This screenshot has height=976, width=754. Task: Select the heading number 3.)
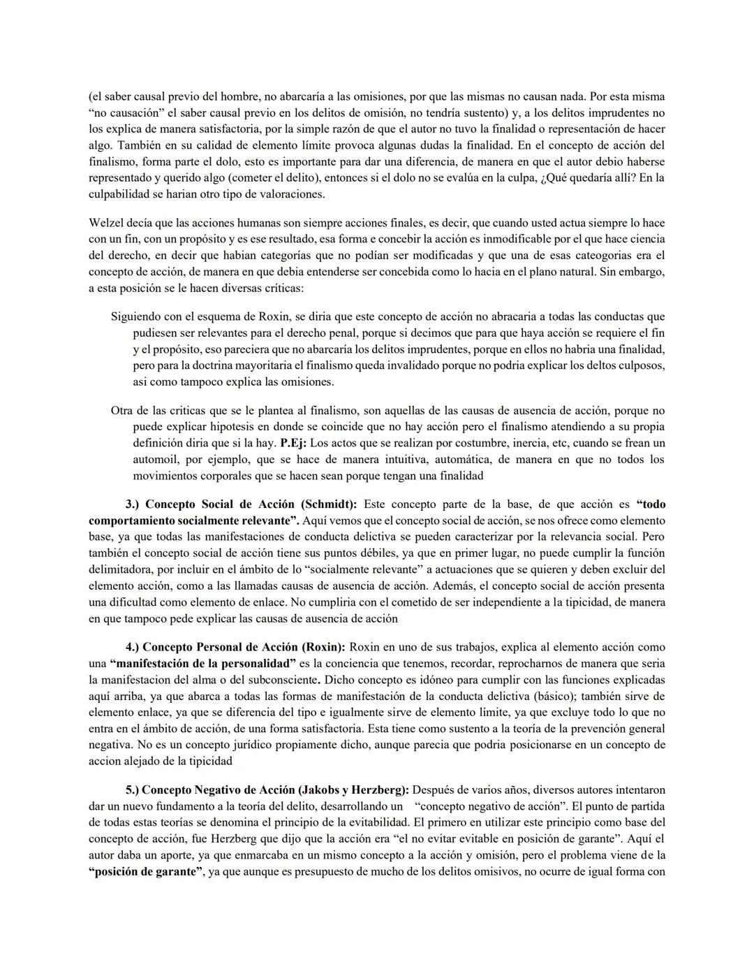pos(133,504)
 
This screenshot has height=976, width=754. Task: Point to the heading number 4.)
pos(133,648)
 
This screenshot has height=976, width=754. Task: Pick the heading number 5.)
pos(133,790)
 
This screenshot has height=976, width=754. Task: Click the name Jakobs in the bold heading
pos(319,790)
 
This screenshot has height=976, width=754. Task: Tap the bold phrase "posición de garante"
pos(145,872)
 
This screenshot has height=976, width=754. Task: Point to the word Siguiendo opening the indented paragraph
pos(136,317)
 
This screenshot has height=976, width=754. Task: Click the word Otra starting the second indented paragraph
pos(122,411)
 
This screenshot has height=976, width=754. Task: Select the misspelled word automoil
pos(156,460)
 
